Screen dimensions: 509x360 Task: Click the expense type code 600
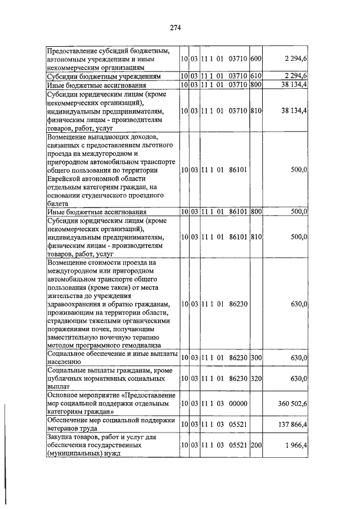[256, 59]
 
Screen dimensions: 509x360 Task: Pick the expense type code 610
[256, 76]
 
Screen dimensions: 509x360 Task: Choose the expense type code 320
[256, 379]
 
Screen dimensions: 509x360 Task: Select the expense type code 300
[256, 358]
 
